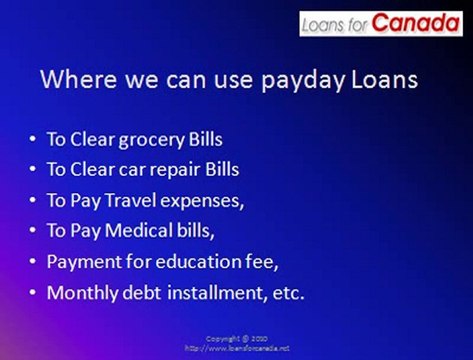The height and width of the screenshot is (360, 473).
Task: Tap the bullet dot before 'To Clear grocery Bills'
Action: [34, 138]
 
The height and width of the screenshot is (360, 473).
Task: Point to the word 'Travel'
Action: [127, 200]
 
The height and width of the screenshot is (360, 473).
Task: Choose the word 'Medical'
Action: [136, 231]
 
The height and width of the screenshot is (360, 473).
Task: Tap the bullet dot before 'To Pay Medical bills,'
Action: [34, 231]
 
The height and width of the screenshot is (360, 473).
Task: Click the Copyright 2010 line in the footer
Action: [236, 339]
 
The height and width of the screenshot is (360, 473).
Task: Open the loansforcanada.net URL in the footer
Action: [236, 349]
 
